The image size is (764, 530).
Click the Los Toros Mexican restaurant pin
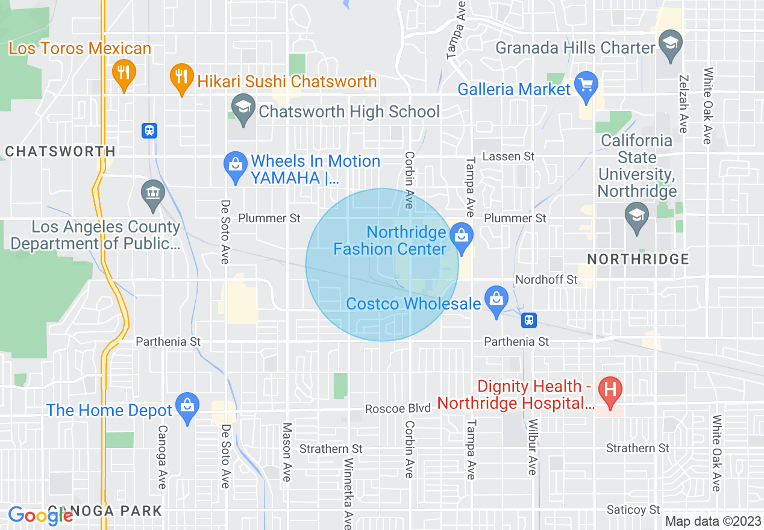(x=124, y=74)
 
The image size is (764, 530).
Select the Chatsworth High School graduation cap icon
(x=243, y=109)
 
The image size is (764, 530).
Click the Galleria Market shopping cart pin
(x=586, y=85)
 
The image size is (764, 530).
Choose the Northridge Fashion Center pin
(x=462, y=236)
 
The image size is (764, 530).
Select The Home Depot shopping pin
(x=187, y=407)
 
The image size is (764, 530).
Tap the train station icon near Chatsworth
(x=149, y=129)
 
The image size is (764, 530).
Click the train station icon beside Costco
(x=529, y=320)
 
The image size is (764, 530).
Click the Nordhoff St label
(x=546, y=279)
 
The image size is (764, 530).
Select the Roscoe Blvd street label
(x=398, y=408)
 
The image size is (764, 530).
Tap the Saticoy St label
(x=633, y=510)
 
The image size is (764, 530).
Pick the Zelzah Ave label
(x=683, y=104)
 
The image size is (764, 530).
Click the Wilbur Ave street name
(x=532, y=446)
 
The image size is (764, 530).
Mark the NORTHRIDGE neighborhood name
(x=638, y=260)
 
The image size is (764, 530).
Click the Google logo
(x=40, y=516)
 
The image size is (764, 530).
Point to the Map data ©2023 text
(x=713, y=521)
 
